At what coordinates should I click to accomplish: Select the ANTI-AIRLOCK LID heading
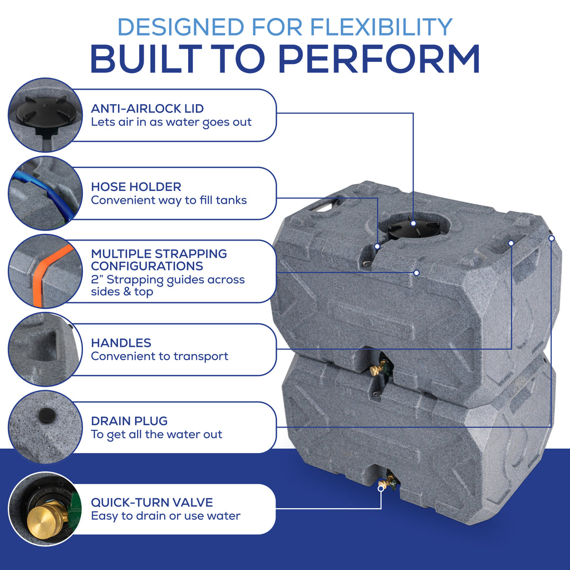pyautogui.click(x=148, y=109)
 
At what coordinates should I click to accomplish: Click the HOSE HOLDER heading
pyautogui.click(x=136, y=187)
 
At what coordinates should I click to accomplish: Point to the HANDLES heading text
pyautogui.click(x=121, y=343)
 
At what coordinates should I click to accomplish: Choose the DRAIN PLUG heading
pyautogui.click(x=129, y=421)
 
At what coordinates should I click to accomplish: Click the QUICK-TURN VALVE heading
pyautogui.click(x=152, y=503)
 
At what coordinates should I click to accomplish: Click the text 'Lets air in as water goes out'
pyautogui.click(x=171, y=122)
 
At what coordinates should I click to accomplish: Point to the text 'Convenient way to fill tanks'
pyautogui.click(x=169, y=200)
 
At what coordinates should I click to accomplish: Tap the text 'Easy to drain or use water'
pyautogui.click(x=166, y=516)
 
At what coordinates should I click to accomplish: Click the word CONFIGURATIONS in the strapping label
pyautogui.click(x=147, y=266)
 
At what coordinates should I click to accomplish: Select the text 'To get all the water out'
pyautogui.click(x=156, y=435)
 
